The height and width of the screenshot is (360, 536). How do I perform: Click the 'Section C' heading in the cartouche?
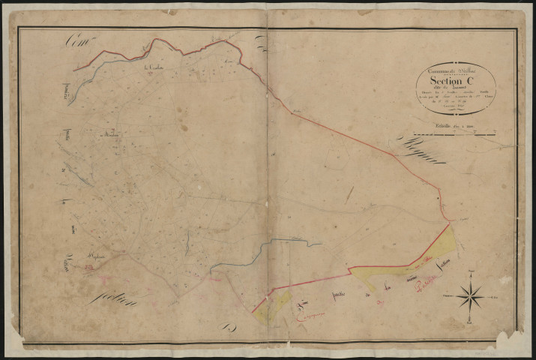coord(455,82)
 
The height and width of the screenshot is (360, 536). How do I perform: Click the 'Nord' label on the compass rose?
coord(470,268)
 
